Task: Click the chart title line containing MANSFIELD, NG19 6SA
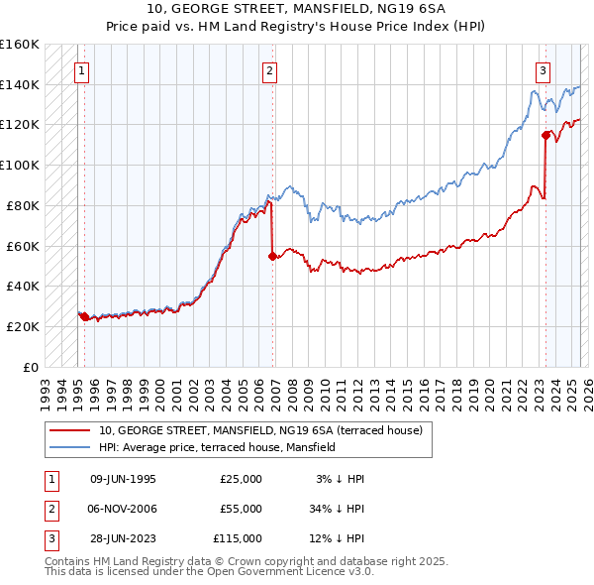click(x=296, y=9)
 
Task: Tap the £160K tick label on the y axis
click(x=20, y=45)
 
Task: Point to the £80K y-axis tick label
click(x=23, y=205)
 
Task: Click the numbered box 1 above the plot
click(x=80, y=70)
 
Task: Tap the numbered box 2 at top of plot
click(x=269, y=70)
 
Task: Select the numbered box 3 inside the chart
click(x=544, y=70)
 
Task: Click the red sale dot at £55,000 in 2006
click(x=271, y=256)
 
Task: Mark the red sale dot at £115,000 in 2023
click(x=545, y=135)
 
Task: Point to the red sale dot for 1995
click(x=84, y=316)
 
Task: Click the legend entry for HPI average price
click(x=217, y=447)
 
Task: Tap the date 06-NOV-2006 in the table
click(x=123, y=509)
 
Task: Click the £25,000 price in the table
click(x=241, y=479)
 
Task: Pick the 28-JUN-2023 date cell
click(x=123, y=538)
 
